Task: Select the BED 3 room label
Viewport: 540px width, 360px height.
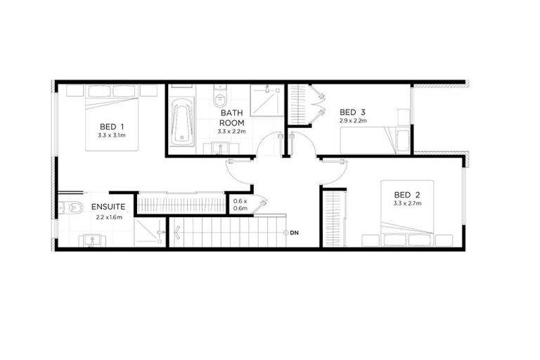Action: pos(352,112)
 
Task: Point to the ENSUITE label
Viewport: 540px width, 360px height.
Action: pos(108,207)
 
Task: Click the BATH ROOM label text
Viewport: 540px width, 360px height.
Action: pos(232,117)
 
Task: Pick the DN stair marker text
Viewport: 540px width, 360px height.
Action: pos(294,232)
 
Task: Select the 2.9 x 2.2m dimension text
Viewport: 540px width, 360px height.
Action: pos(352,120)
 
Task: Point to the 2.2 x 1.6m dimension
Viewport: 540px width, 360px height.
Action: pos(109,217)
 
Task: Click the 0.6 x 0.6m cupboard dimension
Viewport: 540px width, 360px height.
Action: pos(240,205)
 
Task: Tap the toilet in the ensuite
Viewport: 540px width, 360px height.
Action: pos(65,207)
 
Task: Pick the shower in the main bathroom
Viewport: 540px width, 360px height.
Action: pos(266,101)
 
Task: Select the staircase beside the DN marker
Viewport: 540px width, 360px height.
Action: pos(225,231)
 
